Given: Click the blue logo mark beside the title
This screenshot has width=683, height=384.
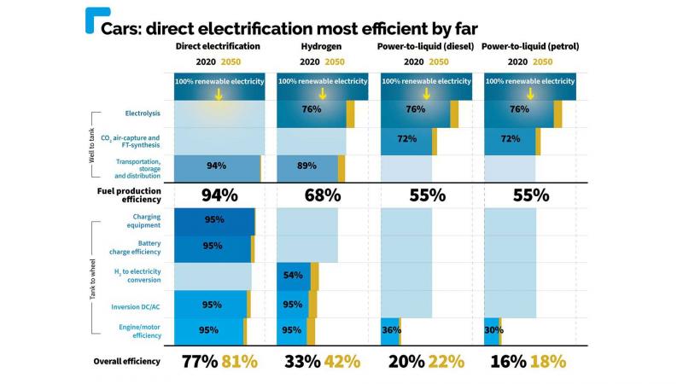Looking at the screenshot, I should coord(91,20).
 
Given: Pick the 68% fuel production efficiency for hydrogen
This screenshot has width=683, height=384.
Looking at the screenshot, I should coord(323,195).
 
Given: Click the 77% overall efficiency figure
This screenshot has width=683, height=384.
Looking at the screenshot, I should coord(199,361).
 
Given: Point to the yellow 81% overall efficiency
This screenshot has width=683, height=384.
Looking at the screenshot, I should coord(239,361).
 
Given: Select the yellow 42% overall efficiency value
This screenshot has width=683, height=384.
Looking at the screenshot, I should coord(341,361).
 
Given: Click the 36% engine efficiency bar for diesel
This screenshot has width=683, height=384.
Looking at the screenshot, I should coord(389,331).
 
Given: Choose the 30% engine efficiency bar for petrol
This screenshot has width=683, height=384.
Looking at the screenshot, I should coord(492,331).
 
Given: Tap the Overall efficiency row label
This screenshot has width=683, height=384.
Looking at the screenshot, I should coord(126,361).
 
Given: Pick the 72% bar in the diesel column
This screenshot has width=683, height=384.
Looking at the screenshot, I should coord(406,139).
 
